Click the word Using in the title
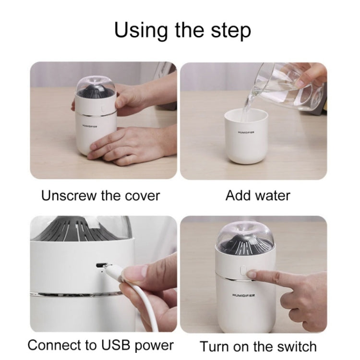coord(141,31)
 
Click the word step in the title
coord(230,32)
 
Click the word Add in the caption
coord(238,195)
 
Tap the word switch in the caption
coord(297,347)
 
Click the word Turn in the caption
coord(215,347)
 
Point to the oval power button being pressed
coord(243,271)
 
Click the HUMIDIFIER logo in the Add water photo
coord(246,132)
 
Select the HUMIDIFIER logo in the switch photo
coord(243,295)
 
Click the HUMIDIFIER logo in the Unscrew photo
coord(90,126)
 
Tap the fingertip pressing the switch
coord(251,274)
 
